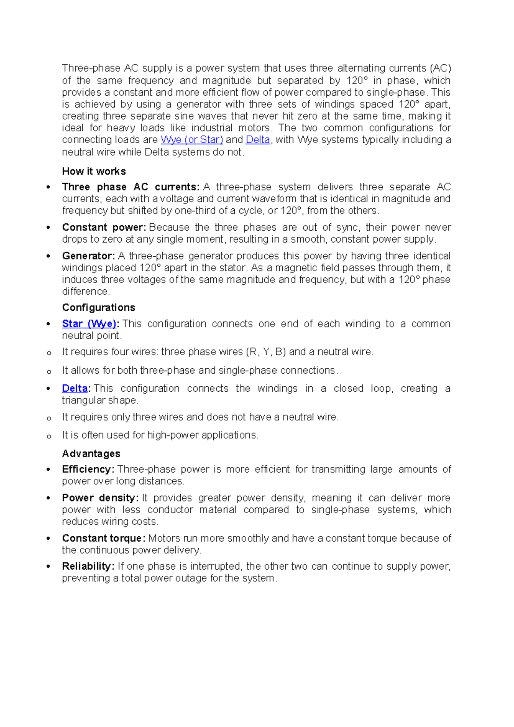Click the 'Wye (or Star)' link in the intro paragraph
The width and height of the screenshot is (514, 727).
coord(191,140)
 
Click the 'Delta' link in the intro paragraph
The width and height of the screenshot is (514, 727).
coord(257,140)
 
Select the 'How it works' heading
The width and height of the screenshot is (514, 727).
coord(94,171)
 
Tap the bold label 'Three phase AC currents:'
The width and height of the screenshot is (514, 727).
coord(131,187)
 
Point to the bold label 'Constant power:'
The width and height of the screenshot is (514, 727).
coord(104,227)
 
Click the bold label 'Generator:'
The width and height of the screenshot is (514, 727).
coord(88,256)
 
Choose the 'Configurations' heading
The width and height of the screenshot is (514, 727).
coord(99,307)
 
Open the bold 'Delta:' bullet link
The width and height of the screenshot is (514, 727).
coord(75,388)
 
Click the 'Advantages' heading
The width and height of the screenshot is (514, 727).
coord(91,454)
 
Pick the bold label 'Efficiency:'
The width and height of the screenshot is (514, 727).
coord(88,469)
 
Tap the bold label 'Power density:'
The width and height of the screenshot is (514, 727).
coord(100,498)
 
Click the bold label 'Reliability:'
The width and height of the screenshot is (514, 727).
coord(88,566)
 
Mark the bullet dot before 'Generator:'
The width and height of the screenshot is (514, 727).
coord(48,256)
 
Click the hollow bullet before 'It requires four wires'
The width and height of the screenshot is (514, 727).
coord(49,353)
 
